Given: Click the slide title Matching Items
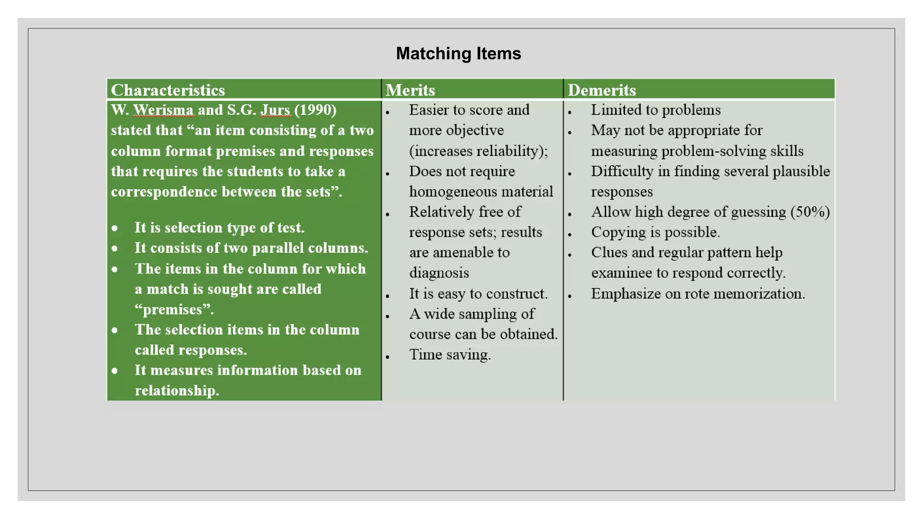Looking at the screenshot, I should pyautogui.click(x=458, y=54).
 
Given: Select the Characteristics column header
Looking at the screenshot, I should pyautogui.click(x=168, y=90).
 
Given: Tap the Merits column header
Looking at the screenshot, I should pyautogui.click(x=410, y=90).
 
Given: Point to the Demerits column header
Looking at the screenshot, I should pyautogui.click(x=602, y=90).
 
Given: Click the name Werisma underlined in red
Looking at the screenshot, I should pyautogui.click(x=163, y=110).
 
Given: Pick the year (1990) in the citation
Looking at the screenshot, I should pyautogui.click(x=315, y=110).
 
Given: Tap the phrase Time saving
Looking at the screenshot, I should pyautogui.click(x=450, y=355).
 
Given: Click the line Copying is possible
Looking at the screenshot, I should pyautogui.click(x=655, y=232).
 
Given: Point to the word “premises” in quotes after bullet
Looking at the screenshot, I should pyautogui.click(x=174, y=310).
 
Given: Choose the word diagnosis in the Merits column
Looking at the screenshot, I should pyautogui.click(x=439, y=273).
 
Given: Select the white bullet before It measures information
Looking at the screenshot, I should pyautogui.click(x=115, y=371).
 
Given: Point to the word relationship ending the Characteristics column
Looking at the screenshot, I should pyautogui.click(x=177, y=391).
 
